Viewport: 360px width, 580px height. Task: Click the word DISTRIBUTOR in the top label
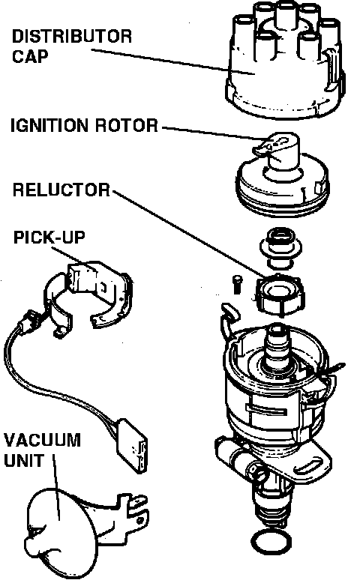[71, 37]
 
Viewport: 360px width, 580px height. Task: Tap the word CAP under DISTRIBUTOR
[30, 56]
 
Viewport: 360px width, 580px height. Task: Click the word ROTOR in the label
[127, 126]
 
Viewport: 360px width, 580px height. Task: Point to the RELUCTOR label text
[61, 190]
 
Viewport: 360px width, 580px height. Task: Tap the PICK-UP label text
[49, 238]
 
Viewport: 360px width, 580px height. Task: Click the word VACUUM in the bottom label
[42, 440]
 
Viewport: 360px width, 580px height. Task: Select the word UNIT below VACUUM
[24, 461]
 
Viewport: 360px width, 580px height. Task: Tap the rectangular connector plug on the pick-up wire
[133, 445]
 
